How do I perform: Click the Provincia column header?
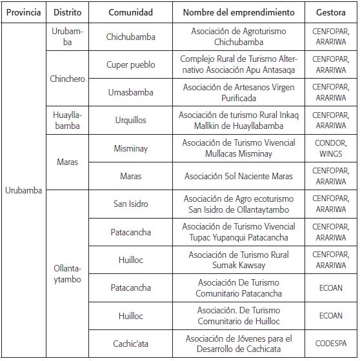coord(23,12)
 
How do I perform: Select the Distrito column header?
coord(68,12)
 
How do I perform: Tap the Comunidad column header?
coord(130,12)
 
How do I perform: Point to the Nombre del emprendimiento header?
coord(239,12)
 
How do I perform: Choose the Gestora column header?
coord(330,12)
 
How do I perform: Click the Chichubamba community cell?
coord(130,37)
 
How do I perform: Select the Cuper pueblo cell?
coord(130,64)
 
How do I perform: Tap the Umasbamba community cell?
coord(130,93)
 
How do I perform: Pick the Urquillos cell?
coord(130,121)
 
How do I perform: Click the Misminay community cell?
coord(130,148)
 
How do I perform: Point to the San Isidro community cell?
coord(130,204)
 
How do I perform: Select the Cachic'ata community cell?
coord(130,344)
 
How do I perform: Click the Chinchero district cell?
coord(68,79)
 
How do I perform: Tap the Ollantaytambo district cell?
coord(68,274)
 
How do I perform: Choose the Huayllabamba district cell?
coord(68,121)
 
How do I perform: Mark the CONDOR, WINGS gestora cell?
coord(330,148)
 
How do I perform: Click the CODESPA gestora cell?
coord(330,344)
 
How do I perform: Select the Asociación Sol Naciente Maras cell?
coord(239,176)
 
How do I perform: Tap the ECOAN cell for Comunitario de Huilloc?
coord(330,316)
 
